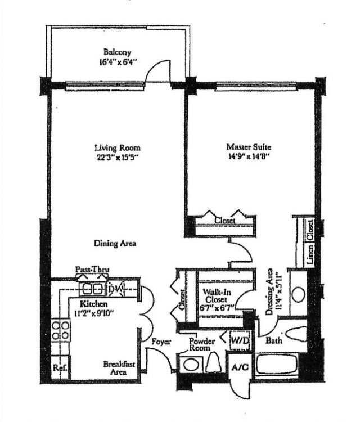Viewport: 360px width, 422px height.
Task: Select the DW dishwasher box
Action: click(x=116, y=289)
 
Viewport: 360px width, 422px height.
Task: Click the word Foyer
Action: click(x=161, y=342)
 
